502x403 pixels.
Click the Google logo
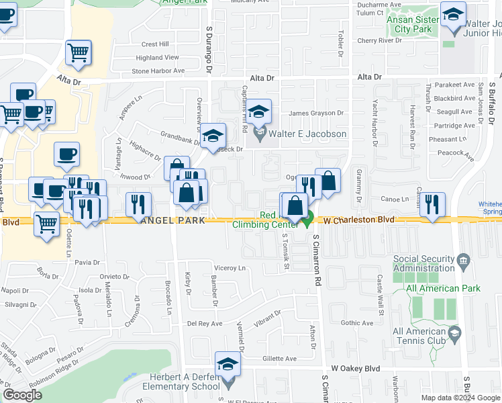pyautogui.click(x=21, y=396)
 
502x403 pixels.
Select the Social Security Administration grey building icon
pyautogui.click(x=462, y=259)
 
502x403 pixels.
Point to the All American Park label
pyautogui.click(x=443, y=288)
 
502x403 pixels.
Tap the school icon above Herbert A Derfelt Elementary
pyautogui.click(x=228, y=365)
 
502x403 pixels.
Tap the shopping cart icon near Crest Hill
pyautogui.click(x=79, y=52)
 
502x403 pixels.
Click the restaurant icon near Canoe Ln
pyautogui.click(x=432, y=205)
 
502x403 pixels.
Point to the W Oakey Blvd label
pyautogui.click(x=355, y=369)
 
